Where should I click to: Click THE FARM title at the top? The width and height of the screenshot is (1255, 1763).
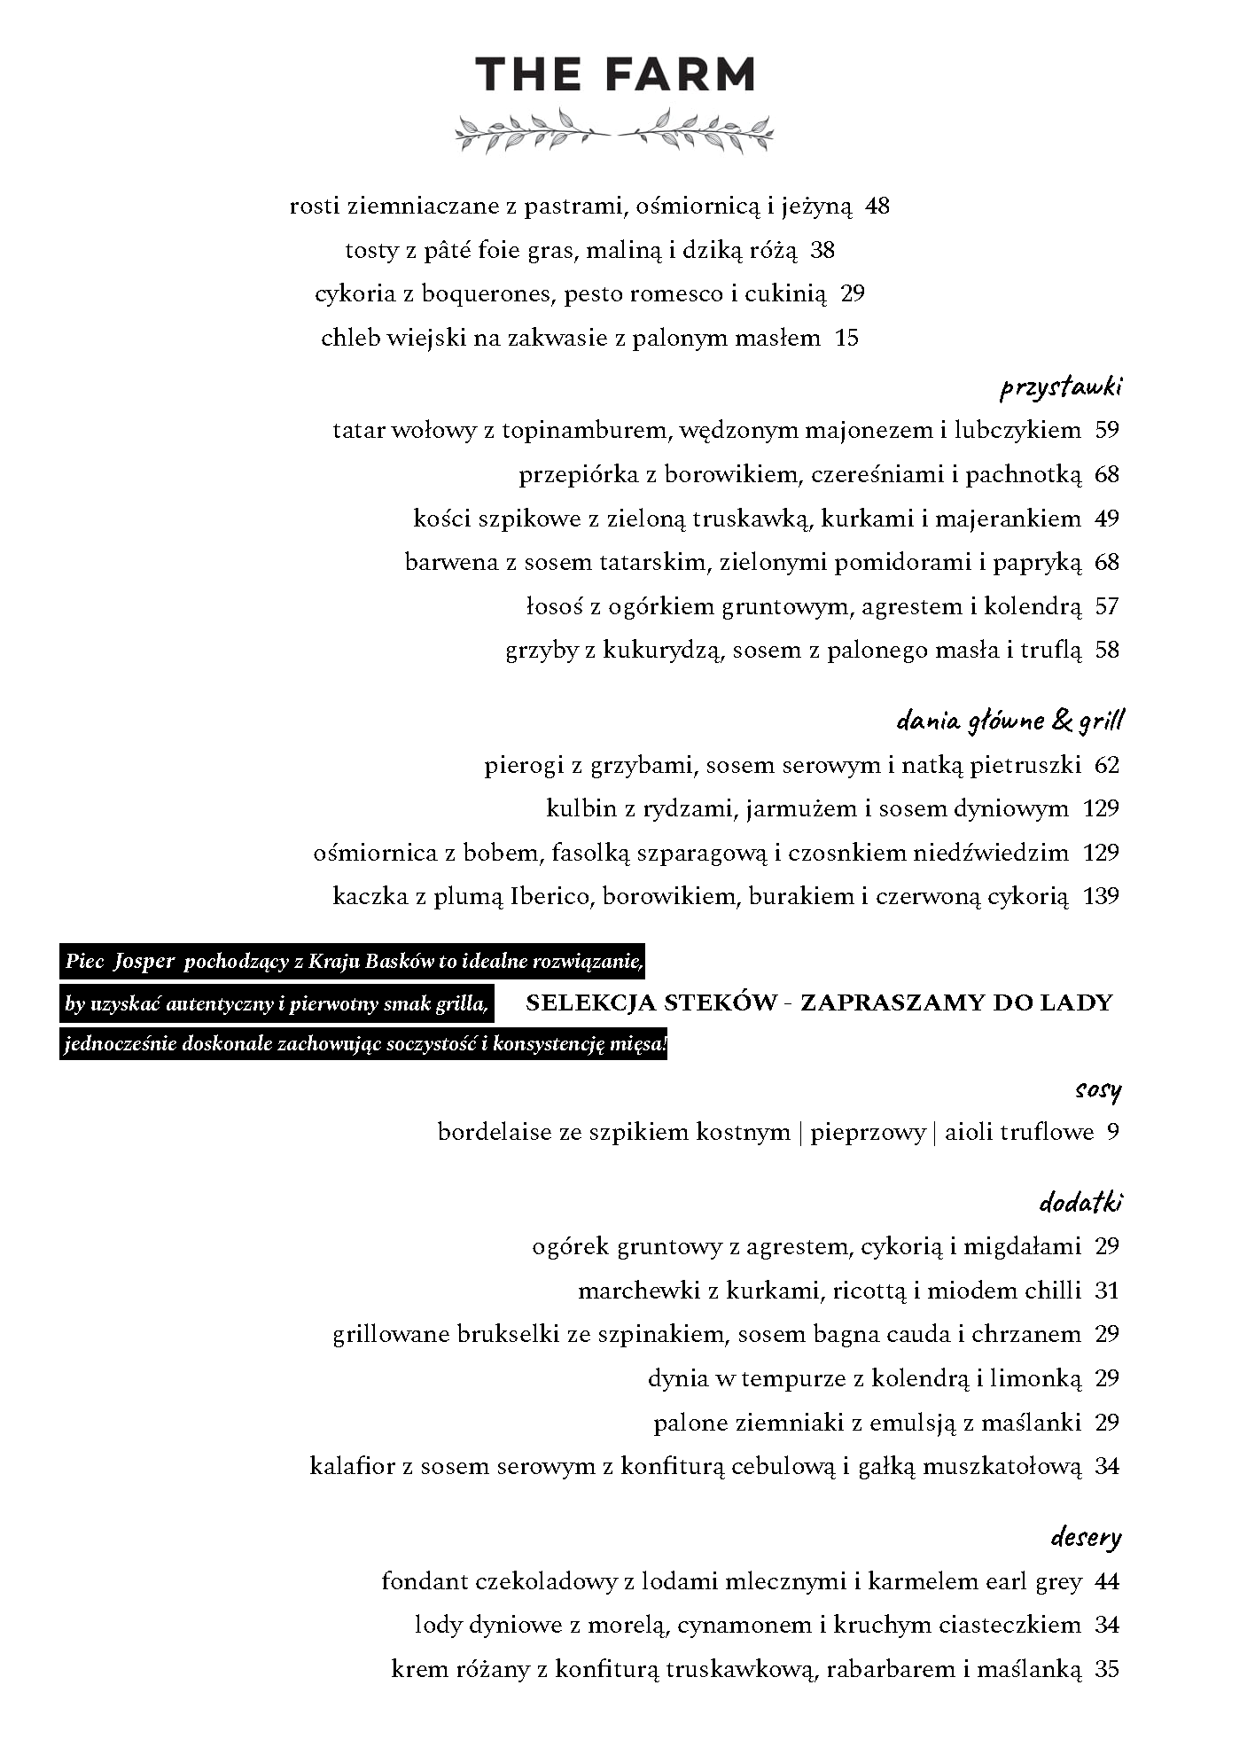pos(615,74)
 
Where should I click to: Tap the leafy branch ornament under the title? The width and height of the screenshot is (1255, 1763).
pos(614,130)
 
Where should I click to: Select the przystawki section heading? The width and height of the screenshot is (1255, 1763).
pos(1061,387)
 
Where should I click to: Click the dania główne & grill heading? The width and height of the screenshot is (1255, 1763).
pos(1009,722)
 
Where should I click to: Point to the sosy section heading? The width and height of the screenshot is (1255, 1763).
pos(1097,1089)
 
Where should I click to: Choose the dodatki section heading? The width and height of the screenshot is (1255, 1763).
pos(1080,1203)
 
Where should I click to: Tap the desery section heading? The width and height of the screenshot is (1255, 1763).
pos(1086,1537)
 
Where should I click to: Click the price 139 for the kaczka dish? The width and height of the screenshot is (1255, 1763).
pos(1101,896)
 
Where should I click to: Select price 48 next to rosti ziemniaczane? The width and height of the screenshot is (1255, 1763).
pos(877,207)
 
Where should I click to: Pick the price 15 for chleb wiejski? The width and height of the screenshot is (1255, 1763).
pos(846,338)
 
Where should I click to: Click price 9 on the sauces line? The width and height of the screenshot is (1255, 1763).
pos(1112,1132)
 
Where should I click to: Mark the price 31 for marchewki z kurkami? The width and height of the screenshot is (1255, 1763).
pos(1107,1291)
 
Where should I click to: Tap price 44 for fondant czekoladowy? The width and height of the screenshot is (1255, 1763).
pos(1107,1581)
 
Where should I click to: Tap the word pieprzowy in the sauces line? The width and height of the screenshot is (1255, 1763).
pos(867,1133)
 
